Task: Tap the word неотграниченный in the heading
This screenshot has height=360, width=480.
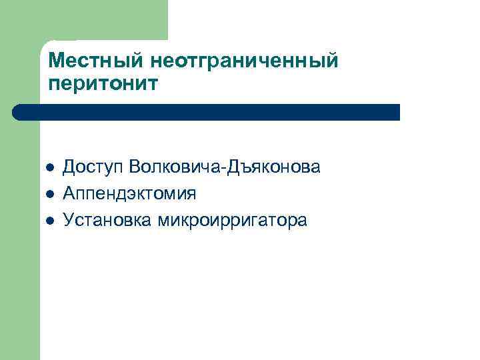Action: pos(245,62)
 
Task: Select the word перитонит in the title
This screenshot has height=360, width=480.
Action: pos(103,85)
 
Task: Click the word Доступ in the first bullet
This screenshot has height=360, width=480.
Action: pos(93,167)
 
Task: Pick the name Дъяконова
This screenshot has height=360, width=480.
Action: pos(275,167)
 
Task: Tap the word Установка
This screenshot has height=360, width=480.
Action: pos(107,220)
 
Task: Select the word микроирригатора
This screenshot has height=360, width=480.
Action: pos(233,221)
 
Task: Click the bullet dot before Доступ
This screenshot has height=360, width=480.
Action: pos(49,167)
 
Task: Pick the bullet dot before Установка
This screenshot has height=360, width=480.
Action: pos(49,220)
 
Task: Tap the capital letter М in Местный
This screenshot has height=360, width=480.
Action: pos(56,61)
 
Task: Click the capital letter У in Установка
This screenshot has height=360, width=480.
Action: pos(68,220)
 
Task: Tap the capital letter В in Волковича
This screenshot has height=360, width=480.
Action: pos(135,166)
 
